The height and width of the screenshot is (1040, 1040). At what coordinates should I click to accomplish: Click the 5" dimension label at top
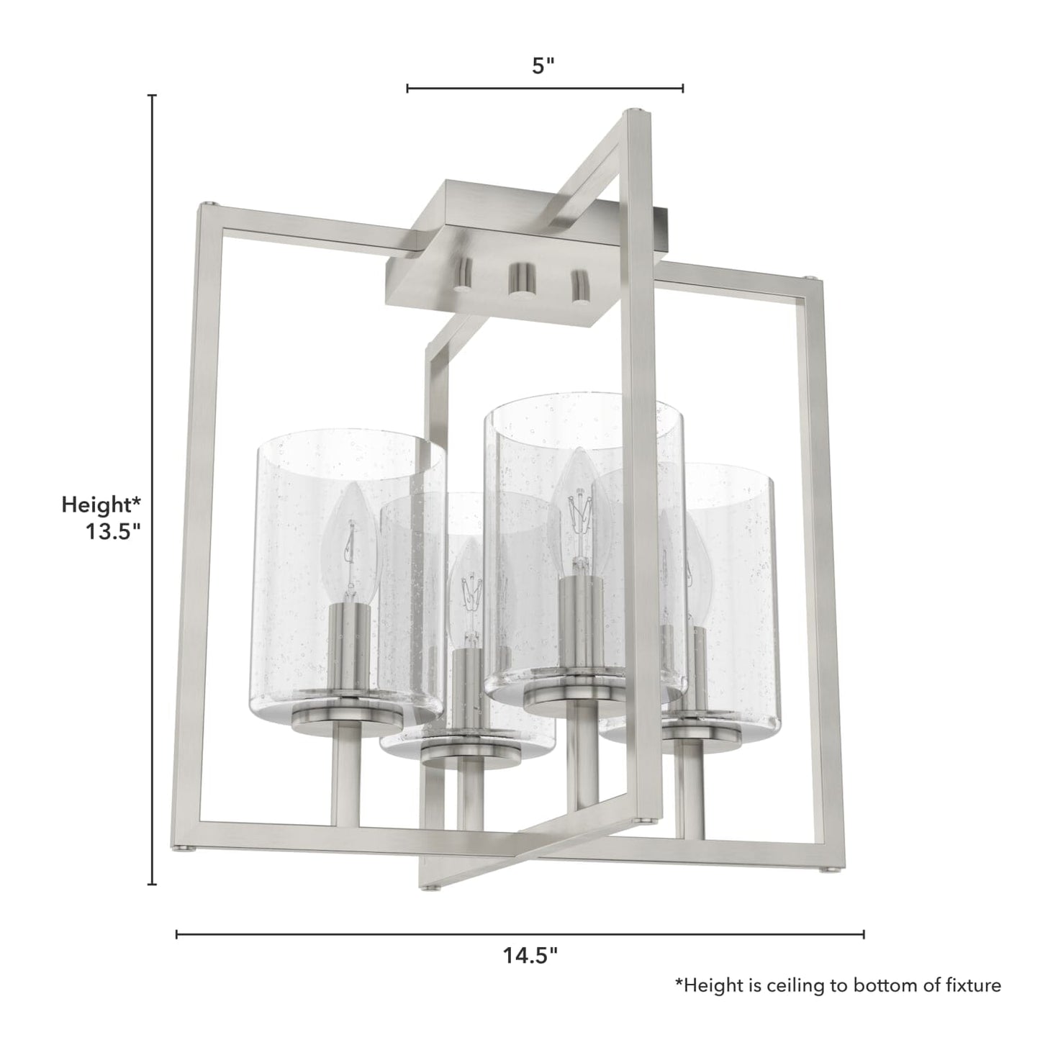pos(543,66)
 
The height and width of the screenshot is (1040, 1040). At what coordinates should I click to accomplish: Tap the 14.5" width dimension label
pos(530,955)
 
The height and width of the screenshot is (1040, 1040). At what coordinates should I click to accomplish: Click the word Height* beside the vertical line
pos(101,505)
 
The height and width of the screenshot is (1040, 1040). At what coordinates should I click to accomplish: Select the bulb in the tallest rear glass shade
pos(579,504)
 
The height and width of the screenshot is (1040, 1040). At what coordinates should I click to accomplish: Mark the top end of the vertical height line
pos(152,96)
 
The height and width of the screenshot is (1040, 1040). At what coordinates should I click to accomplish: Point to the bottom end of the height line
pos(152,884)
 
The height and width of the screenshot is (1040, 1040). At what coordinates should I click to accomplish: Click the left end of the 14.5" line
pos(177,934)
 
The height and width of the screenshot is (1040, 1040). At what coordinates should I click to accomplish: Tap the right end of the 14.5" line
pos(863,934)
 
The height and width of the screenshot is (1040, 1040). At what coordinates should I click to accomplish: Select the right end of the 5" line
pos(682,89)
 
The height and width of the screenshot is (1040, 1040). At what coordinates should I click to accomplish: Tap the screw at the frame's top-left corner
pos(208,206)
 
